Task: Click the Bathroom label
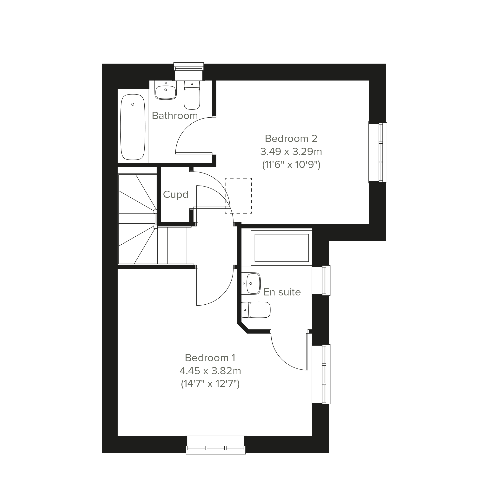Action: click(x=175, y=116)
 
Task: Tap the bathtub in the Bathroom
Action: click(x=133, y=127)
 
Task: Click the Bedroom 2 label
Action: click(x=291, y=138)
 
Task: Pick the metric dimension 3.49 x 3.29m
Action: click(x=291, y=152)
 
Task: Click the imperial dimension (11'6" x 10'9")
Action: click(x=291, y=165)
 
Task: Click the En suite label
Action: click(x=282, y=292)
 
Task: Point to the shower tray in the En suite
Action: click(x=282, y=247)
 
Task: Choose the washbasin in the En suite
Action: click(x=251, y=283)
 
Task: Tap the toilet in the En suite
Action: click(x=256, y=310)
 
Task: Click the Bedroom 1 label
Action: click(x=210, y=358)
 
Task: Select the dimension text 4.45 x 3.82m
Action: click(x=210, y=371)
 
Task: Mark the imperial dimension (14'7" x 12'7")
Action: click(x=210, y=384)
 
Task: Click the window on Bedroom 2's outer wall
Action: click(x=378, y=152)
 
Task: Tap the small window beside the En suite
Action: click(x=321, y=280)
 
